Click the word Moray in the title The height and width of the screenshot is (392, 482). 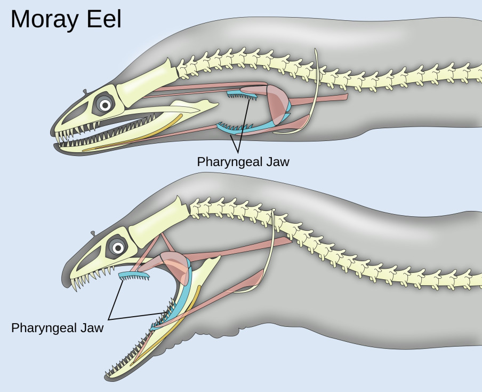(x=47, y=20)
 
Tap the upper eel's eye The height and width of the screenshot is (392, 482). (x=105, y=105)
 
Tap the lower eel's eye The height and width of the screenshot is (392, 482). (x=117, y=247)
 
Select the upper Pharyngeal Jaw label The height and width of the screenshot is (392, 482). (x=243, y=161)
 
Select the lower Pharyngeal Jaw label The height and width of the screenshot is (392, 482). (x=57, y=327)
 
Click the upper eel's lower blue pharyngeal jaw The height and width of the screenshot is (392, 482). (x=235, y=128)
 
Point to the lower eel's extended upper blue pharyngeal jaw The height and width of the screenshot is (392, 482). (x=133, y=276)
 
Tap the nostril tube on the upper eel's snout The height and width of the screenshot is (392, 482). (x=85, y=92)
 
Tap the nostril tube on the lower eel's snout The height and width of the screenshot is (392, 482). (x=94, y=233)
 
